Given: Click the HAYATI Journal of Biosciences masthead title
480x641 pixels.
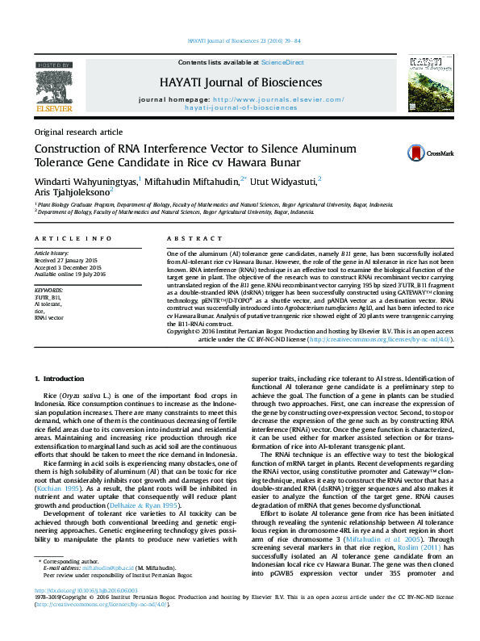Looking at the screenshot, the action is point(240,82).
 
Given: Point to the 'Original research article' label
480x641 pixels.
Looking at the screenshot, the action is point(78,132).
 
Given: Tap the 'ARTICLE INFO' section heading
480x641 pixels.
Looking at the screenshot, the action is point(73,239).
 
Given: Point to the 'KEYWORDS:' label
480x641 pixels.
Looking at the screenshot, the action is point(49,288).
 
